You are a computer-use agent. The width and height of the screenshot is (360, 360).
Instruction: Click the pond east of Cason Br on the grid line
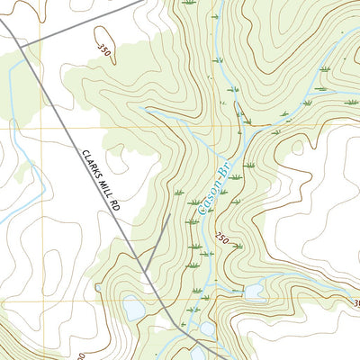pos(255,292)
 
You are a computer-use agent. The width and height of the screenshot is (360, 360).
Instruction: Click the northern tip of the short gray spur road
pos(170,215)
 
